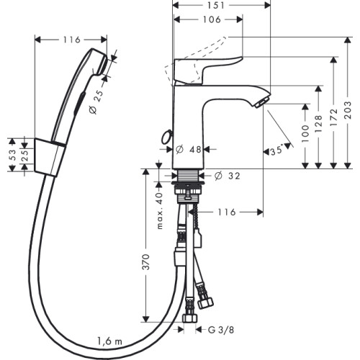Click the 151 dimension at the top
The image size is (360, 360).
click(x=216, y=5)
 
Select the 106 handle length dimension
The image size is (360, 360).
click(x=212, y=19)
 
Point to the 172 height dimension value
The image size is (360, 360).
click(x=334, y=117)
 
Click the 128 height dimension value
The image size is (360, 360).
click(x=318, y=124)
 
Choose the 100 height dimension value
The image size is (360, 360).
click(x=305, y=134)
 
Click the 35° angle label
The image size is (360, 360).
click(x=276, y=151)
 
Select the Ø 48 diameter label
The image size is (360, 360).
click(x=189, y=150)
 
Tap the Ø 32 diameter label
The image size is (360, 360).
click(x=227, y=176)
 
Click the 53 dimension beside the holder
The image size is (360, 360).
click(x=12, y=155)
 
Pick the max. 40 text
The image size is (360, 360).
click(x=160, y=210)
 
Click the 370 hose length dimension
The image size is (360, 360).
click(x=146, y=261)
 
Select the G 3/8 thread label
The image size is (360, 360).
click(x=221, y=330)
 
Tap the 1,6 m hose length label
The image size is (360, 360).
click(x=109, y=341)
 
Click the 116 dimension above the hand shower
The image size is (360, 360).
click(x=71, y=40)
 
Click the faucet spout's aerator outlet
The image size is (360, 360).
click(x=261, y=103)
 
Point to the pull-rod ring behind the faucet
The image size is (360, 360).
click(x=166, y=137)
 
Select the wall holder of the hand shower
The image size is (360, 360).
click(x=50, y=157)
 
